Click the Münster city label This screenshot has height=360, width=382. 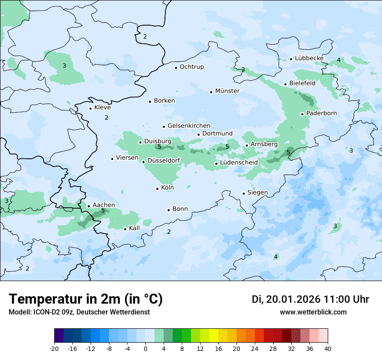[x=227, y=91]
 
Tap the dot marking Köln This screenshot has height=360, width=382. [x=157, y=189]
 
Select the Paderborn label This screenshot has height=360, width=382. [x=321, y=113]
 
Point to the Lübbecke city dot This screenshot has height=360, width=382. [x=291, y=59]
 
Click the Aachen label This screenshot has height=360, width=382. [x=104, y=205]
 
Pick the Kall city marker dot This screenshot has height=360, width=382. [x=125, y=229]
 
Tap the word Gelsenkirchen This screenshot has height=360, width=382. [x=189, y=126]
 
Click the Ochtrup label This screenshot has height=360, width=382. [x=191, y=67]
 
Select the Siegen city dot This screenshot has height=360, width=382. [x=244, y=193]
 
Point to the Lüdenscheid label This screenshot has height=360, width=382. [x=239, y=163]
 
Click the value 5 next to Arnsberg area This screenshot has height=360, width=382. [x=288, y=153]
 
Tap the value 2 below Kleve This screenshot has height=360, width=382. [x=106, y=118]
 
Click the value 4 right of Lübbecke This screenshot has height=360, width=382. [x=339, y=60]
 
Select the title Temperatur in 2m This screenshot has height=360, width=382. [x=86, y=299]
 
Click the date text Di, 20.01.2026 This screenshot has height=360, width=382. [x=286, y=299]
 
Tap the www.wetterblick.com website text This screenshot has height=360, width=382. [x=313, y=312]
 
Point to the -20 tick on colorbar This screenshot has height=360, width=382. [x=54, y=348]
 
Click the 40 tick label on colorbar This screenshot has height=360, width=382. [x=328, y=348]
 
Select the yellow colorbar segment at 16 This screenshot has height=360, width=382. [x=218, y=336]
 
